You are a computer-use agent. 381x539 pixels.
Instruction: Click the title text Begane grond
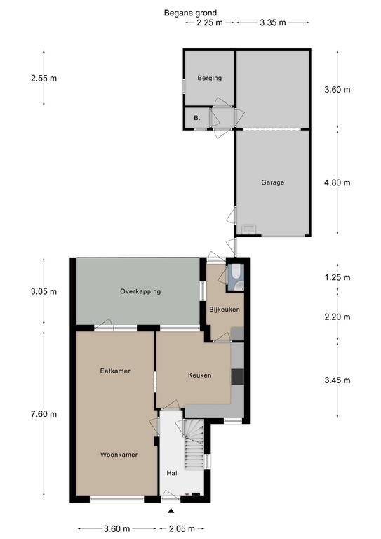(x=190, y=13)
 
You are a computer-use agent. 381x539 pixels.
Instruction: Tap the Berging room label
(x=210, y=78)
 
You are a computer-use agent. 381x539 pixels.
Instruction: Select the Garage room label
(x=273, y=182)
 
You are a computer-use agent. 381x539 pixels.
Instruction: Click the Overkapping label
(x=140, y=291)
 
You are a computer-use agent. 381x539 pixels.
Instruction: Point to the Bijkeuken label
(x=225, y=310)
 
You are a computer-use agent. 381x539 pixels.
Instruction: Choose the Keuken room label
(x=199, y=375)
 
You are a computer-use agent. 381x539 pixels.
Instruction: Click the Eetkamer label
(x=115, y=371)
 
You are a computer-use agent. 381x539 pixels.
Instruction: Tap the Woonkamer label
(x=119, y=455)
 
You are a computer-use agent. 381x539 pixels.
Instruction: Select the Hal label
(x=172, y=473)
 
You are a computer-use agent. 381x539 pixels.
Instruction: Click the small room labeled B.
(x=197, y=118)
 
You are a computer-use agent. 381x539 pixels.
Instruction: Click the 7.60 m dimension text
(x=44, y=414)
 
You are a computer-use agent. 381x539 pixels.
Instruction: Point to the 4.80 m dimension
(x=337, y=182)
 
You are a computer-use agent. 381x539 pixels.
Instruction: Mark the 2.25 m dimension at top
(x=210, y=22)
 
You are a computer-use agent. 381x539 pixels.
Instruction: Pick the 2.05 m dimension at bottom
(x=182, y=528)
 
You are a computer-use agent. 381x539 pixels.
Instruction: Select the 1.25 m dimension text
(x=337, y=277)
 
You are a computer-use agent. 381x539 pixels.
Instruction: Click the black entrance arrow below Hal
(x=171, y=511)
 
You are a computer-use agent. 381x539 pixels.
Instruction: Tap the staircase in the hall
(x=193, y=446)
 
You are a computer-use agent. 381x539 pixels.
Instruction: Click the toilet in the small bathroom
(x=236, y=272)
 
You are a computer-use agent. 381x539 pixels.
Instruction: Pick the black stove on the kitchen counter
(x=237, y=377)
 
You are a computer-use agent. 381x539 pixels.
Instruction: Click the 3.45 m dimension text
(x=337, y=380)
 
